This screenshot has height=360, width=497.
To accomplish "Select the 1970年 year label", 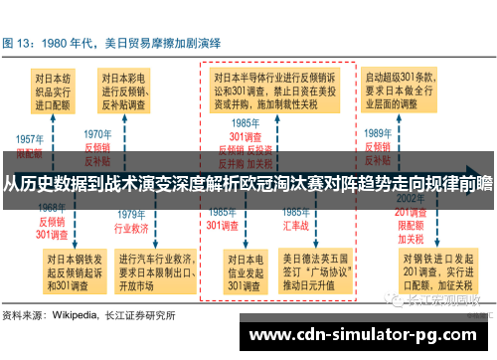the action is click(x=96, y=133).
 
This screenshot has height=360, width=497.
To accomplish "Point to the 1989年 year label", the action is click(x=377, y=132).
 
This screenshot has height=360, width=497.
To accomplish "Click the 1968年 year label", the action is click(x=51, y=207).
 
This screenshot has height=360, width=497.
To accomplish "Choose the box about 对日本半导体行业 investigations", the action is click(x=277, y=90).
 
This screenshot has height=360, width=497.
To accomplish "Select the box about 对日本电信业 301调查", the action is click(x=243, y=272).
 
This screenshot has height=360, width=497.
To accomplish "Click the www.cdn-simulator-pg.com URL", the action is click(x=363, y=336).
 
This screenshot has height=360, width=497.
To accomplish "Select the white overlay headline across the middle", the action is click(x=248, y=184).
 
